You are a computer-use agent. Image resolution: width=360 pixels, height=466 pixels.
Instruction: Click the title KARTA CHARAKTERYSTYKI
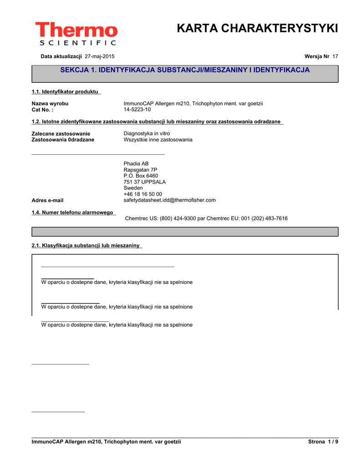click(x=257, y=28)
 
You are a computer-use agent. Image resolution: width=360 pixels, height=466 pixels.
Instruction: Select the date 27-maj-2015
click(x=100, y=56)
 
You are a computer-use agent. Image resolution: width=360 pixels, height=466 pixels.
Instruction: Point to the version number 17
click(x=335, y=56)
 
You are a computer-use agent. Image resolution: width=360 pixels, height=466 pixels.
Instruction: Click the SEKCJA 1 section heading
click(x=185, y=70)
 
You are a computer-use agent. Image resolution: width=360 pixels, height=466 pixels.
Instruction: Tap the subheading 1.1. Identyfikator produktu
click(x=66, y=92)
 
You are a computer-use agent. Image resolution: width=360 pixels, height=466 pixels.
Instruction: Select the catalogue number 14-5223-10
click(x=137, y=110)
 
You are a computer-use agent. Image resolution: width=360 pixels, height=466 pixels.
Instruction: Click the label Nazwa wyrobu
click(x=50, y=104)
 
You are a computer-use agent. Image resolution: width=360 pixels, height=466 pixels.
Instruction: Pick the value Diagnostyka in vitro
click(x=147, y=133)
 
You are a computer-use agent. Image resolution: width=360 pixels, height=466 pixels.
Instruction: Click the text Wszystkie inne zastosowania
click(x=158, y=140)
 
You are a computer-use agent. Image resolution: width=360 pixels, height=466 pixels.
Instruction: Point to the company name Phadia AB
click(x=136, y=164)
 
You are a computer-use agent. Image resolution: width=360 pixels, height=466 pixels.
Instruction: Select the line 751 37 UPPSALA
click(x=145, y=182)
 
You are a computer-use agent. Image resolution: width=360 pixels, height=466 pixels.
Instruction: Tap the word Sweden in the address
click(x=133, y=188)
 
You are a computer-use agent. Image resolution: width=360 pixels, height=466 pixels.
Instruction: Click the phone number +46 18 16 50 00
click(x=143, y=194)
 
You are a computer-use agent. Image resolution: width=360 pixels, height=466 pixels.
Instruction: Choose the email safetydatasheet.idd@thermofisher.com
click(x=170, y=200)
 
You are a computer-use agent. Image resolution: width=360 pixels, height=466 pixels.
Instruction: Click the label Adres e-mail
click(x=47, y=200)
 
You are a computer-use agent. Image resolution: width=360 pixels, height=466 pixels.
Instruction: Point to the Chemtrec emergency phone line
click(x=206, y=218)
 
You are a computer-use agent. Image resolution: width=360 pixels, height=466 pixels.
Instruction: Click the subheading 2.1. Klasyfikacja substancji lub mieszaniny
click(x=86, y=246)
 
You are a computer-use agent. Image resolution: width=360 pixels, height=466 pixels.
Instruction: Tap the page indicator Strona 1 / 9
click(x=323, y=442)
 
